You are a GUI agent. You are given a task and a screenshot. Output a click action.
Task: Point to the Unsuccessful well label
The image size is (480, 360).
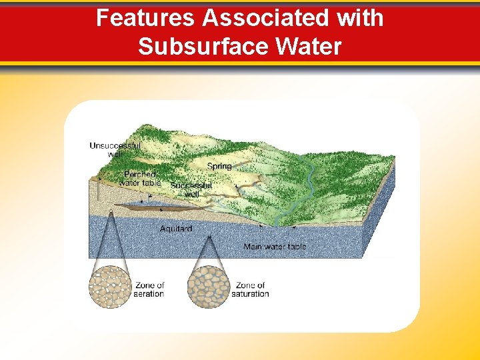[115, 149]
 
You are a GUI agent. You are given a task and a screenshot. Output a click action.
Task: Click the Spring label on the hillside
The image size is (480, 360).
[219, 166]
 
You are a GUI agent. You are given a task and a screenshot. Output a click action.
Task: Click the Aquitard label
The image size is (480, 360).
[176, 229]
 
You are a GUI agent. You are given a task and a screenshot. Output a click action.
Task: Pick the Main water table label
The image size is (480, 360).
[275, 247]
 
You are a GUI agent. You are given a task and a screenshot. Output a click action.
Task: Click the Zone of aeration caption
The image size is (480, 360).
[149, 289]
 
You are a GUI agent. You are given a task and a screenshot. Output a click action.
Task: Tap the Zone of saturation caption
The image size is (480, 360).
[251, 289]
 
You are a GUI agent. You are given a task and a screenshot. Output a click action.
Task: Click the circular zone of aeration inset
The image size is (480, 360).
[109, 287]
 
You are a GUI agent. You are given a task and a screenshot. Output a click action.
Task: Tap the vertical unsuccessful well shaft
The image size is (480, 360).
[97, 190]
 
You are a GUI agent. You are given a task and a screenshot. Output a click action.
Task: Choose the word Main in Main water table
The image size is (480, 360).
[253, 247]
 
